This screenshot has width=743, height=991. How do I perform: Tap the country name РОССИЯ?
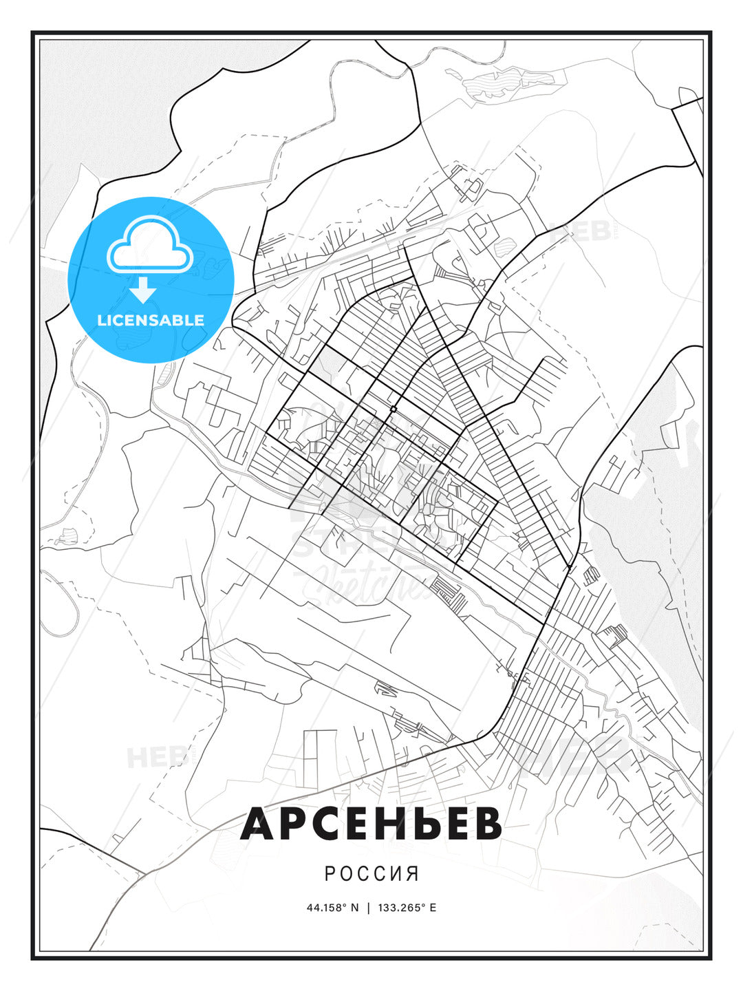[371, 874]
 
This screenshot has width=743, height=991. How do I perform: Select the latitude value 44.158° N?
[333, 907]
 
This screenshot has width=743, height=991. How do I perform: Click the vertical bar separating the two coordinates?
[368, 907]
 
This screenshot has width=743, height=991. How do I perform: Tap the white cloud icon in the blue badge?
[149, 244]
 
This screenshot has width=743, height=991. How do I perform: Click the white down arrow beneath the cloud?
[143, 291]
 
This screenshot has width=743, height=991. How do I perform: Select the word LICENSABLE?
[151, 320]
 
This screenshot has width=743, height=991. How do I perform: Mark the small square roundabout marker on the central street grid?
[393, 409]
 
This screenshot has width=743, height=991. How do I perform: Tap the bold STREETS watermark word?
[344, 544]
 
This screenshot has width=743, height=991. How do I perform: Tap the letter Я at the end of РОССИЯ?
[413, 874]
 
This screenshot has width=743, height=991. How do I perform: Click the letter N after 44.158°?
[355, 907]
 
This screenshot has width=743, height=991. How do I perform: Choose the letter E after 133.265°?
[433, 907]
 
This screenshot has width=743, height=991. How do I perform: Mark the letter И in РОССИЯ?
[398, 874]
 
